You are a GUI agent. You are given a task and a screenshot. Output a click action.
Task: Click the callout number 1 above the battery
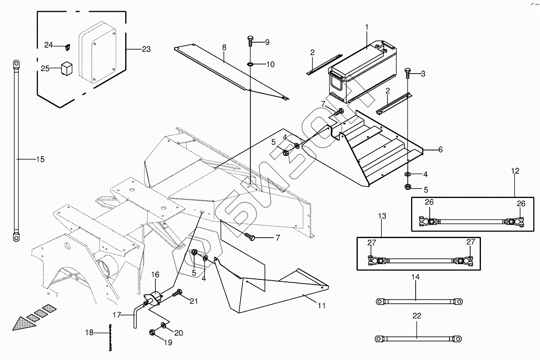366,27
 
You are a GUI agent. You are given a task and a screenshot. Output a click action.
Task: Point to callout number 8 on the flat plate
224,47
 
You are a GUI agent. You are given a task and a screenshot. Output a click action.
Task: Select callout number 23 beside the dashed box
146,49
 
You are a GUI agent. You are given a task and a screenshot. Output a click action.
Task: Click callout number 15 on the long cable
40,159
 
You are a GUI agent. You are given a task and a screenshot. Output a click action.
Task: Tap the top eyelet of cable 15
16,64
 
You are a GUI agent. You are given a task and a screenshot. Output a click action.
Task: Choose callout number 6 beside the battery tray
440,150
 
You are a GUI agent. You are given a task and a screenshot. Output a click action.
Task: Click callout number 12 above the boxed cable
515,171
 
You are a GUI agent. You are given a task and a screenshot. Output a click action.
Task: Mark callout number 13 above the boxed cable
382,216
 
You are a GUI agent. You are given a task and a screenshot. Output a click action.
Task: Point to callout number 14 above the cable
415,277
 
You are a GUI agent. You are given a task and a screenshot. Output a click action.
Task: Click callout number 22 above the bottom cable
417,316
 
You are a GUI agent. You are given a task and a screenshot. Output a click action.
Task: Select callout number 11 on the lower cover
321,305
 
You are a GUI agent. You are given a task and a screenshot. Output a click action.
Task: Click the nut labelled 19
152,332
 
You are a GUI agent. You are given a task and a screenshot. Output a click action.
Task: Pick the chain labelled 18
110,338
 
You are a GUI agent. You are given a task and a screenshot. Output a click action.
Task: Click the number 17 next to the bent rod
117,315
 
